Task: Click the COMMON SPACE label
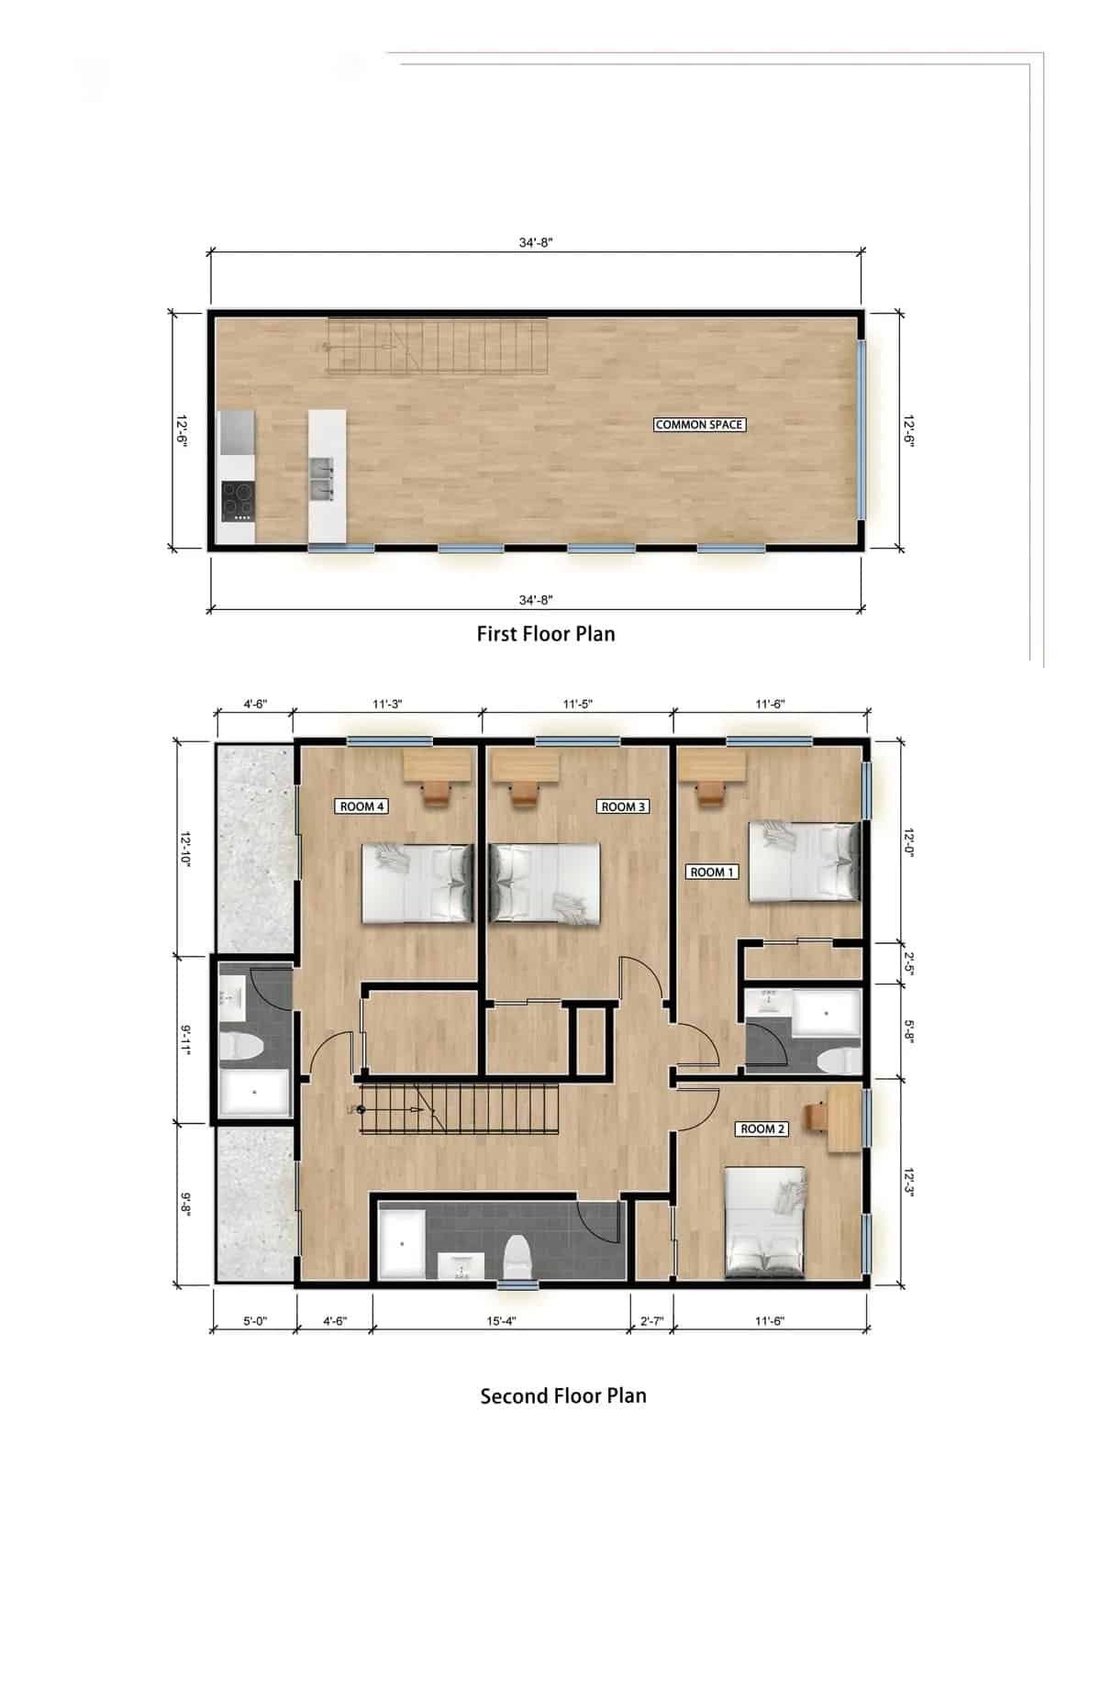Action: point(699,425)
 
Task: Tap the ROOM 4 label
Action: point(361,806)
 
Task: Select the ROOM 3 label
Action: point(623,806)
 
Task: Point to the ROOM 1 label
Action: point(712,872)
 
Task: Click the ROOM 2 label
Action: point(762,1128)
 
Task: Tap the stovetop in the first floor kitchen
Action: point(238,501)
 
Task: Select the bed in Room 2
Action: point(765,1222)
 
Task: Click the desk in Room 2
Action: point(845,1117)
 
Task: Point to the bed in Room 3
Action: point(545,882)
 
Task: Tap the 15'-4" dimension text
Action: point(500,1321)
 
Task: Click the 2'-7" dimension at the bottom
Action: point(651,1321)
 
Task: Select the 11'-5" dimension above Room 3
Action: point(577,705)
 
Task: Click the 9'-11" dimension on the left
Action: point(186,1040)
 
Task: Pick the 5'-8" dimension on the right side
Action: point(908,1030)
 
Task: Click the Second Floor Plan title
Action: point(563,1395)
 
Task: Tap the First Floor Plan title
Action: point(546,634)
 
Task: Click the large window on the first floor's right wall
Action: point(862,428)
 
